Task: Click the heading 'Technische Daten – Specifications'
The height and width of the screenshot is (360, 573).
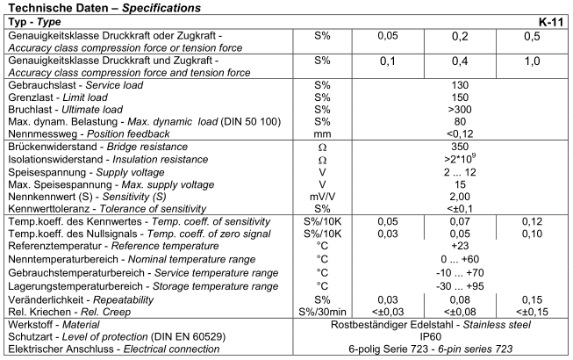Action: click(x=103, y=6)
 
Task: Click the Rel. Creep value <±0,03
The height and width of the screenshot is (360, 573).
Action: click(x=388, y=311)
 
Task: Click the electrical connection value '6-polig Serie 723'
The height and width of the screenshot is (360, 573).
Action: click(x=412, y=348)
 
